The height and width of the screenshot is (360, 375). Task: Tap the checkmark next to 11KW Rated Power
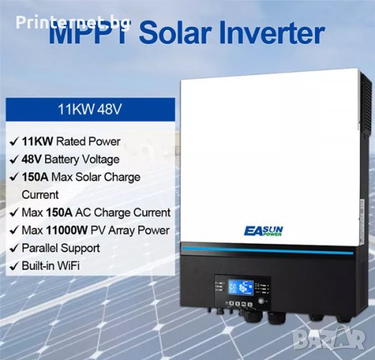coord(13,141)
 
